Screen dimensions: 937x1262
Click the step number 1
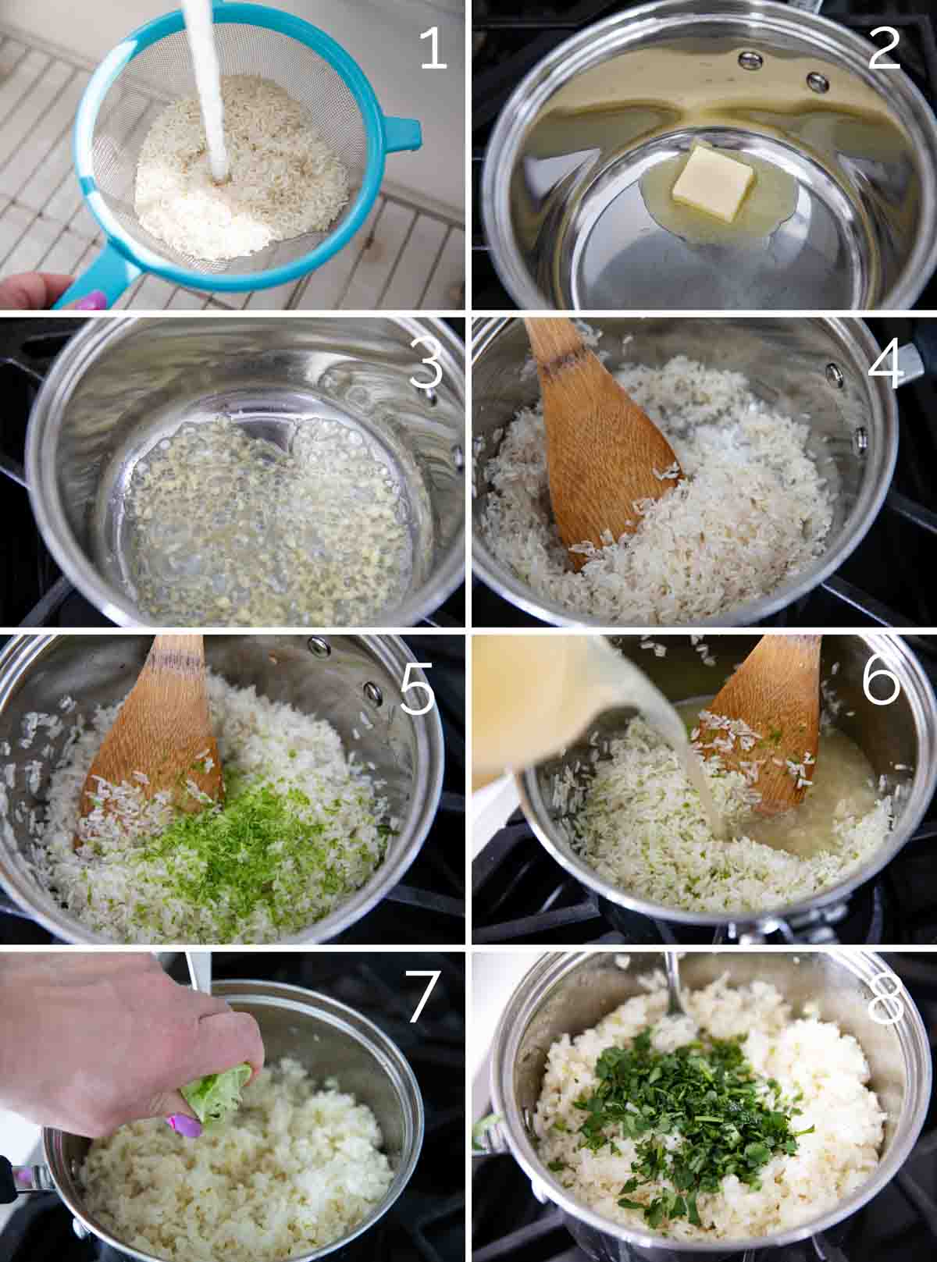(433, 49)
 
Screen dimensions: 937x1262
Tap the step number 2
(883, 49)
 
